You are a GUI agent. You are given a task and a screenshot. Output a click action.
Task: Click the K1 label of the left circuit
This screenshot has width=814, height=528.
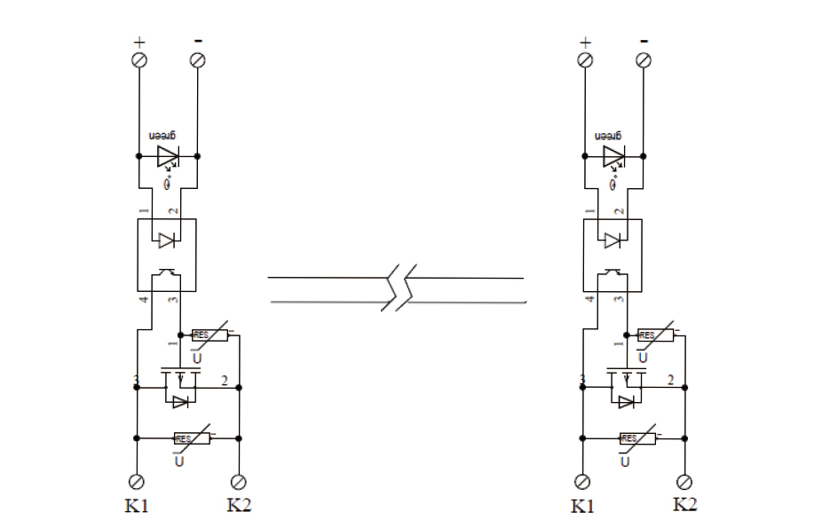(x=138, y=507)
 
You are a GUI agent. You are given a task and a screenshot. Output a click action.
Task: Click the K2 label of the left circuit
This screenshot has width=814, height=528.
(x=240, y=506)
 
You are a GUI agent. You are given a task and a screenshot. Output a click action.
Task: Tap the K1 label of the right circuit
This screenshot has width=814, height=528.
(x=582, y=507)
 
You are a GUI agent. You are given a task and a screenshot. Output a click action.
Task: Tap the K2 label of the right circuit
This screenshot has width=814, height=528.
(x=684, y=505)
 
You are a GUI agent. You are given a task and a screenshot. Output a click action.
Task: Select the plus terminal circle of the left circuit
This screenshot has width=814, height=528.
(x=138, y=59)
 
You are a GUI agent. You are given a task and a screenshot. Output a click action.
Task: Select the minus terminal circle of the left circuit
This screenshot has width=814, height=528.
(x=198, y=59)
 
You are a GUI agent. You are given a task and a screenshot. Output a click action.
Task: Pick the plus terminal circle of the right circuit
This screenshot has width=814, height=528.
(x=584, y=59)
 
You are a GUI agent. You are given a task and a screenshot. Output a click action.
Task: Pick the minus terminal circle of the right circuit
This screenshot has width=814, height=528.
(x=644, y=59)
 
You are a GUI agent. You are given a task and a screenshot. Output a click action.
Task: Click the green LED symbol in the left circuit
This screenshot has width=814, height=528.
(x=167, y=157)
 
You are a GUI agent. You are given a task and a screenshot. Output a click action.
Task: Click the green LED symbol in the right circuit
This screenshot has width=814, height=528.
(x=612, y=157)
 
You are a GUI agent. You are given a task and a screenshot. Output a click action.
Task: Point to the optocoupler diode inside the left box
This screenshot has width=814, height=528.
(x=166, y=240)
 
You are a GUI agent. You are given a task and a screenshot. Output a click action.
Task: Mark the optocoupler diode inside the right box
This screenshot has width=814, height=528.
(x=612, y=240)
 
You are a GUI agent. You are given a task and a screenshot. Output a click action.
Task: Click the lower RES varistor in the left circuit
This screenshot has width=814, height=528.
(x=186, y=438)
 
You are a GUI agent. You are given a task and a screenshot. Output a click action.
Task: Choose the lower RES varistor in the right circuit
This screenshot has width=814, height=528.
(x=632, y=438)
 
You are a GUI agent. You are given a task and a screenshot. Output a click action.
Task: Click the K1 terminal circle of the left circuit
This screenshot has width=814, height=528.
(x=138, y=482)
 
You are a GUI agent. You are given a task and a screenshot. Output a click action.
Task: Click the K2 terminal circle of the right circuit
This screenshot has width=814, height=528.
(x=685, y=482)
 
